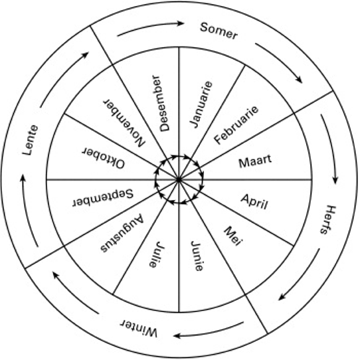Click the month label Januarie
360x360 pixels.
[x=201, y=104]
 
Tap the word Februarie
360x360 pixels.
[x=236, y=125]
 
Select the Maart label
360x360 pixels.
[x=255, y=161]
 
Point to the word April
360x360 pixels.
[x=254, y=202]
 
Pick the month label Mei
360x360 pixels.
[x=233, y=236]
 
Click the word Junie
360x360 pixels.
[x=197, y=256]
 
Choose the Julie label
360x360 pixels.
[x=157, y=254]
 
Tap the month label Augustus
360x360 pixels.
[x=122, y=234]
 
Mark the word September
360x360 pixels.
[x=103, y=198]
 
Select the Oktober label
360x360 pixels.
[x=104, y=157]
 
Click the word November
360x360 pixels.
[x=124, y=123]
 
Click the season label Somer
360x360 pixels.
[x=219, y=31]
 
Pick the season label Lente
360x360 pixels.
[x=31, y=140]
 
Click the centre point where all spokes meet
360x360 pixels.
[x=179, y=180]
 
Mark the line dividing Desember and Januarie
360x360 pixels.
[x=179, y=114]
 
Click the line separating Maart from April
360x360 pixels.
[x=245, y=179]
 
